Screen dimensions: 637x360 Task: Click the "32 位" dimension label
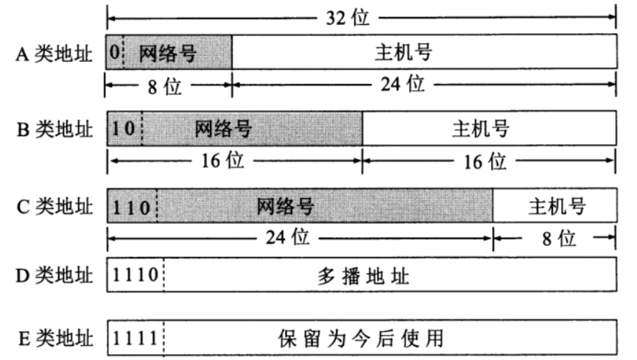point(348,18)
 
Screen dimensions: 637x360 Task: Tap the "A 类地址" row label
point(54,54)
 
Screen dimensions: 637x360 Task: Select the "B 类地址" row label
point(54,130)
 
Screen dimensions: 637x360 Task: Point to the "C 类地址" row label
point(54,206)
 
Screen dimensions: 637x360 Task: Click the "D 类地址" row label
point(54,275)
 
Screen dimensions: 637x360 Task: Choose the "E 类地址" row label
point(56,339)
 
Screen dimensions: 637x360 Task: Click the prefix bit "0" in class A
point(115,52)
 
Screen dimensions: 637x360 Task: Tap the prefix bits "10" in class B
point(123,129)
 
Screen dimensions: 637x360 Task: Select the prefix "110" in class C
point(131,208)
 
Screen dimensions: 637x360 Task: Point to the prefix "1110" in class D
point(136,275)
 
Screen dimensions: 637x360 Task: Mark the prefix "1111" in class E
point(135,339)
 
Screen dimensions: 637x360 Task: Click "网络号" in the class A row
point(168,53)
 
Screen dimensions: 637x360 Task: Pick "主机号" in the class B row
point(481,129)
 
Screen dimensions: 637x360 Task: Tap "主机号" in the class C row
point(557,206)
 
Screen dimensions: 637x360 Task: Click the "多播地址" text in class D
point(363,276)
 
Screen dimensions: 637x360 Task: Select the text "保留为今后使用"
point(361,339)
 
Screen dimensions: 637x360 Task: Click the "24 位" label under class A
point(403,84)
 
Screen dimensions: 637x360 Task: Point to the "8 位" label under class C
point(559,239)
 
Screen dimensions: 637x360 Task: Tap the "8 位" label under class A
point(164,87)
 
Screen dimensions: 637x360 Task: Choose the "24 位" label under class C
point(288,237)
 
